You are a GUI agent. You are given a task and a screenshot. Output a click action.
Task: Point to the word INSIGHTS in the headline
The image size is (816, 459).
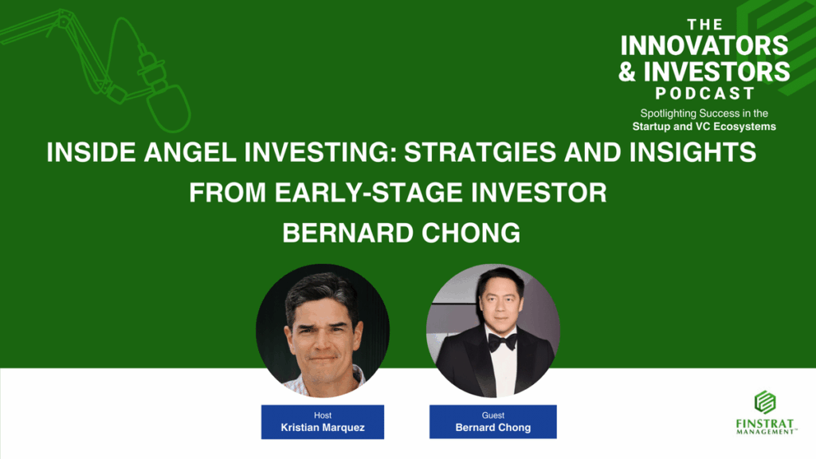(x=692, y=152)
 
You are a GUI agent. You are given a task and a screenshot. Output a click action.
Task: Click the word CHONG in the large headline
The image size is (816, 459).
(x=470, y=233)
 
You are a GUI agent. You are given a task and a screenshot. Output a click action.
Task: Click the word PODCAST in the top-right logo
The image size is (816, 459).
(x=704, y=94)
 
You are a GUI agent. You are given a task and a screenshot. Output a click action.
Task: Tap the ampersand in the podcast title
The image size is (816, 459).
(x=627, y=72)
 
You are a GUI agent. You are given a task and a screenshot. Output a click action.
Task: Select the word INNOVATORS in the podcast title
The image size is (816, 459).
(x=704, y=45)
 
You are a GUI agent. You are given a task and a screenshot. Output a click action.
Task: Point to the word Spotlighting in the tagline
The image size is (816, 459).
(x=669, y=113)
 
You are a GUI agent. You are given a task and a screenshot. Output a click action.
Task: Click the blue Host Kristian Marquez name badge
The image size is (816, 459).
(x=323, y=422)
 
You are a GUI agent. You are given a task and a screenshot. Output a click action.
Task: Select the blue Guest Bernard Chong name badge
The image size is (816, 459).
(x=492, y=422)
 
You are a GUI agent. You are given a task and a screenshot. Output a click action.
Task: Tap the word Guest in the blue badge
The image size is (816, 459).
(x=492, y=415)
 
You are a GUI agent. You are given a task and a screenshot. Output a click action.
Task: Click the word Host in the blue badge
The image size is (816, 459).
(x=323, y=415)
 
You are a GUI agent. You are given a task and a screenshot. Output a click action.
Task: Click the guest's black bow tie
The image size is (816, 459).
(x=502, y=342)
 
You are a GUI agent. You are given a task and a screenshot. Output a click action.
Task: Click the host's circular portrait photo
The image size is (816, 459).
(x=323, y=331)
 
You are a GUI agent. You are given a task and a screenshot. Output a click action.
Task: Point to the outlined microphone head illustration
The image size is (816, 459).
(x=167, y=108)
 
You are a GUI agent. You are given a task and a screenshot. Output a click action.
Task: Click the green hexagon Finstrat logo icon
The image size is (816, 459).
(x=765, y=402)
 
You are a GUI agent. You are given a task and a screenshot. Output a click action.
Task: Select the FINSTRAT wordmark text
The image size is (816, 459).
(x=765, y=424)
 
